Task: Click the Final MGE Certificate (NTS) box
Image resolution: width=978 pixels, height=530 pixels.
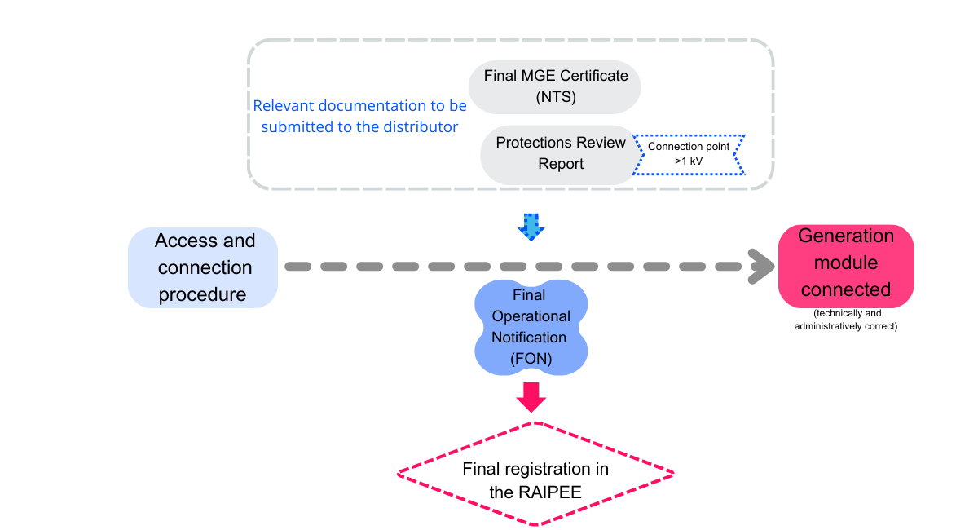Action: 555,86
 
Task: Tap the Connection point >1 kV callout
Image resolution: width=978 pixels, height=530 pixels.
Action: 689,154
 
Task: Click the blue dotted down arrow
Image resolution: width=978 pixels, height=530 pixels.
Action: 531,227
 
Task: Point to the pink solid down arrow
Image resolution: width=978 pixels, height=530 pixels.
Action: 531,397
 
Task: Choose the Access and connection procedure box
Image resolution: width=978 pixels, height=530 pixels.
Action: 204,267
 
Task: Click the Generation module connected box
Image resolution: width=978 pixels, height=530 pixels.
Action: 846,263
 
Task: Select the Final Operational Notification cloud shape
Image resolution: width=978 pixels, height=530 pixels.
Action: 531,327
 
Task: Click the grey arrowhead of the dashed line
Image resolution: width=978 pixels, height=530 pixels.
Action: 762,267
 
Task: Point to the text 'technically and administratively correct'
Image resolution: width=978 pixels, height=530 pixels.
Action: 847,320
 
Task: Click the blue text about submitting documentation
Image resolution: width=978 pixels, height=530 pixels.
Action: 359,116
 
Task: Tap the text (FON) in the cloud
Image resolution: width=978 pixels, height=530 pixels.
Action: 531,359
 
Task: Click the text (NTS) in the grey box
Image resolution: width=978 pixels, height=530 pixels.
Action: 556,98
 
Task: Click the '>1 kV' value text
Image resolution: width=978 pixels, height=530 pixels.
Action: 689,161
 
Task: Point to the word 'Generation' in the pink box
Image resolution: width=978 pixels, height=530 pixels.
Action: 846,236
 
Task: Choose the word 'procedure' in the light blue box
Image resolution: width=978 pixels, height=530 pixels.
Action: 202,294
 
